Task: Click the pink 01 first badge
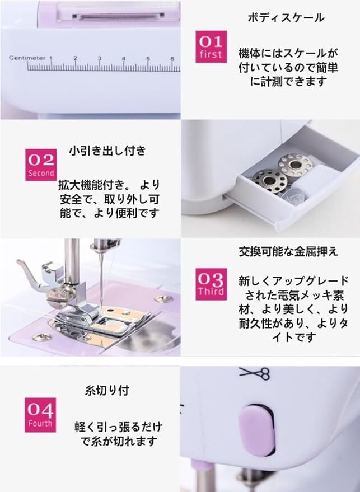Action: [211, 46]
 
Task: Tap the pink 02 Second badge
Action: [41, 165]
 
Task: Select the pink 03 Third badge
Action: [211, 284]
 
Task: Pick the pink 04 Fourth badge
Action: [40, 415]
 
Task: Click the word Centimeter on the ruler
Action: [27, 58]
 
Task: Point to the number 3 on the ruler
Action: [100, 58]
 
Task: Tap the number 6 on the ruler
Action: [172, 58]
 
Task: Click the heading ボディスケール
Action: [286, 17]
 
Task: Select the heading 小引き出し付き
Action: [107, 151]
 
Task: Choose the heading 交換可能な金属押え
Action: [288, 251]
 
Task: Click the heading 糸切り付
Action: [107, 390]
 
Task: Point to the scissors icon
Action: [255, 373]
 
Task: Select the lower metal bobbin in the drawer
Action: [270, 180]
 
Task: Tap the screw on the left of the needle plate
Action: [42, 337]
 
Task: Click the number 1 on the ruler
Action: [51, 58]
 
